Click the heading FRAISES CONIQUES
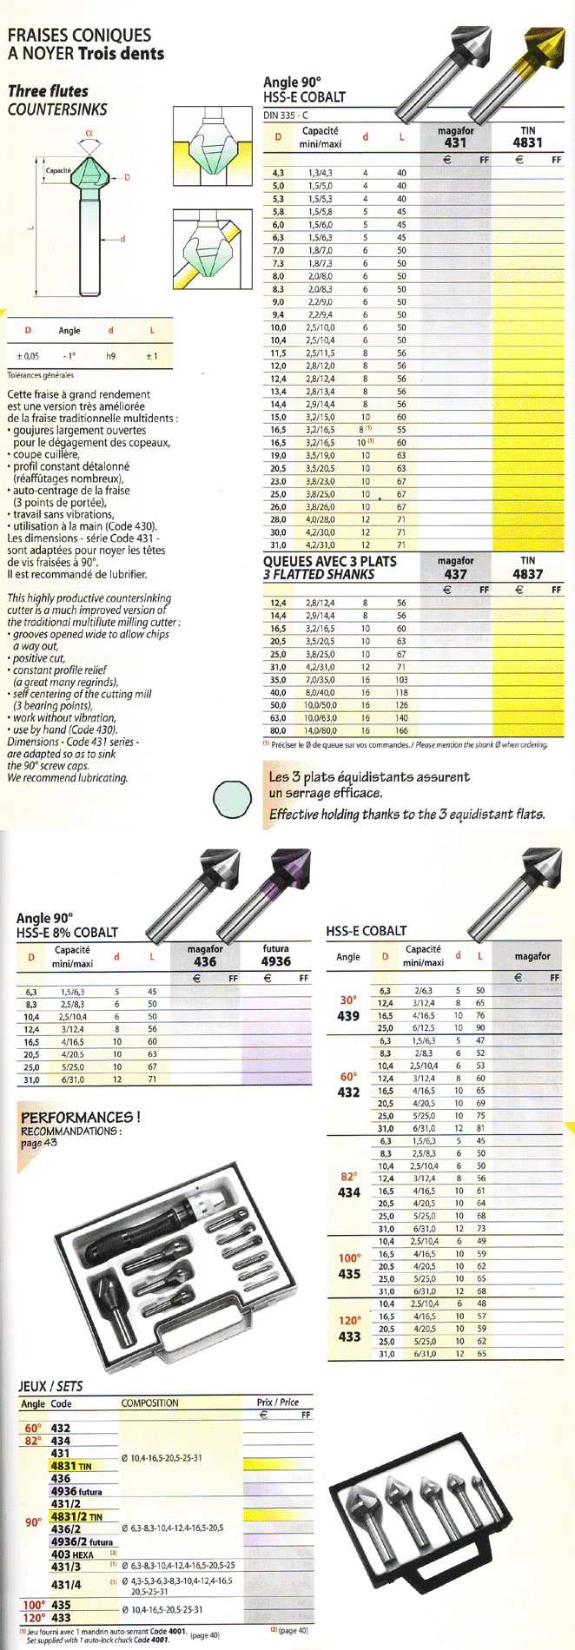(79, 36)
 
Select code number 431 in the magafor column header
(455, 142)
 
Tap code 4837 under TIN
(527, 574)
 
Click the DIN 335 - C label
(286, 115)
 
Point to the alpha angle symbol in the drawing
(89, 133)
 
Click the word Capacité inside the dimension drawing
(58, 170)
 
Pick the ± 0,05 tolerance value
(28, 356)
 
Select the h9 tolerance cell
(110, 356)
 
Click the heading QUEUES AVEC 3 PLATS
(330, 562)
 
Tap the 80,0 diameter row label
(278, 730)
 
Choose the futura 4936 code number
(275, 961)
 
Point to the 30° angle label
(348, 1000)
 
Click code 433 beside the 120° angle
(349, 1336)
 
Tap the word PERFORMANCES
(78, 1117)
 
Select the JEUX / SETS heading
(50, 1386)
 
